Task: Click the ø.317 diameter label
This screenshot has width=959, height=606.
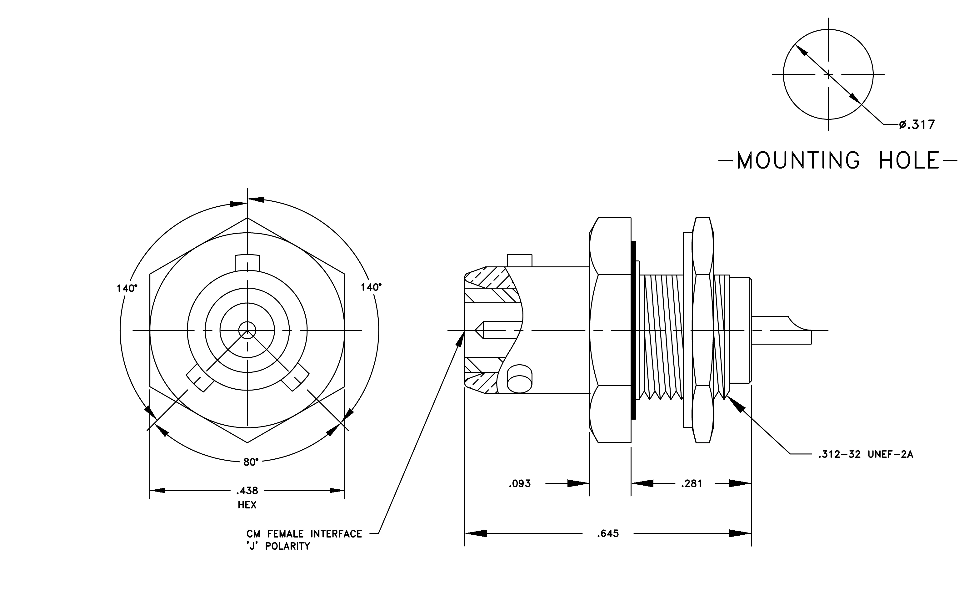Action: pos(917,125)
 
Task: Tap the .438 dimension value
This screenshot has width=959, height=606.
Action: pos(247,490)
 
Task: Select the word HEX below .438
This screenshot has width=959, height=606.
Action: pos(247,505)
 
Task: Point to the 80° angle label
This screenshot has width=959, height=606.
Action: pos(251,462)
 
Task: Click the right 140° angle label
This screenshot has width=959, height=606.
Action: pos(371,287)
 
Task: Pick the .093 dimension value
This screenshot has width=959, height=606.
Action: pos(520,484)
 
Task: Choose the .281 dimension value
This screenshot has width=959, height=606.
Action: pos(692,484)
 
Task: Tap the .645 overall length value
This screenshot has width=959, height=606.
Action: pos(608,533)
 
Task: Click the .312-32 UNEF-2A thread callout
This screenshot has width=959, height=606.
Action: pos(865,454)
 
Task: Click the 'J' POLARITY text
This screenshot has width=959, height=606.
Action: pos(278,546)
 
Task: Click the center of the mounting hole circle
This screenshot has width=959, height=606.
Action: pos(828,74)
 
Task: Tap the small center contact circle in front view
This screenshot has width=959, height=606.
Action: pos(247,330)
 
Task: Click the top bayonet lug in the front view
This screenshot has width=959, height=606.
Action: pos(247,263)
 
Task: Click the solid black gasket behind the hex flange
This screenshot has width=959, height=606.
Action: pos(633,330)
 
